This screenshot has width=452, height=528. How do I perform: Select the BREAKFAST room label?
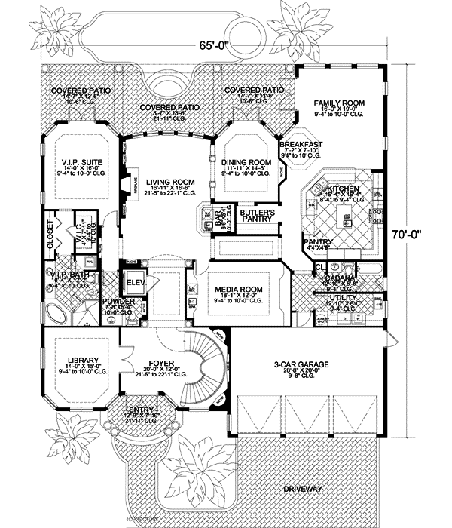point(301,144)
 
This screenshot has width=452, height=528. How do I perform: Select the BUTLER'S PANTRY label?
point(256,217)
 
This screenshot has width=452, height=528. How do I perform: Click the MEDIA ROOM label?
point(237,289)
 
